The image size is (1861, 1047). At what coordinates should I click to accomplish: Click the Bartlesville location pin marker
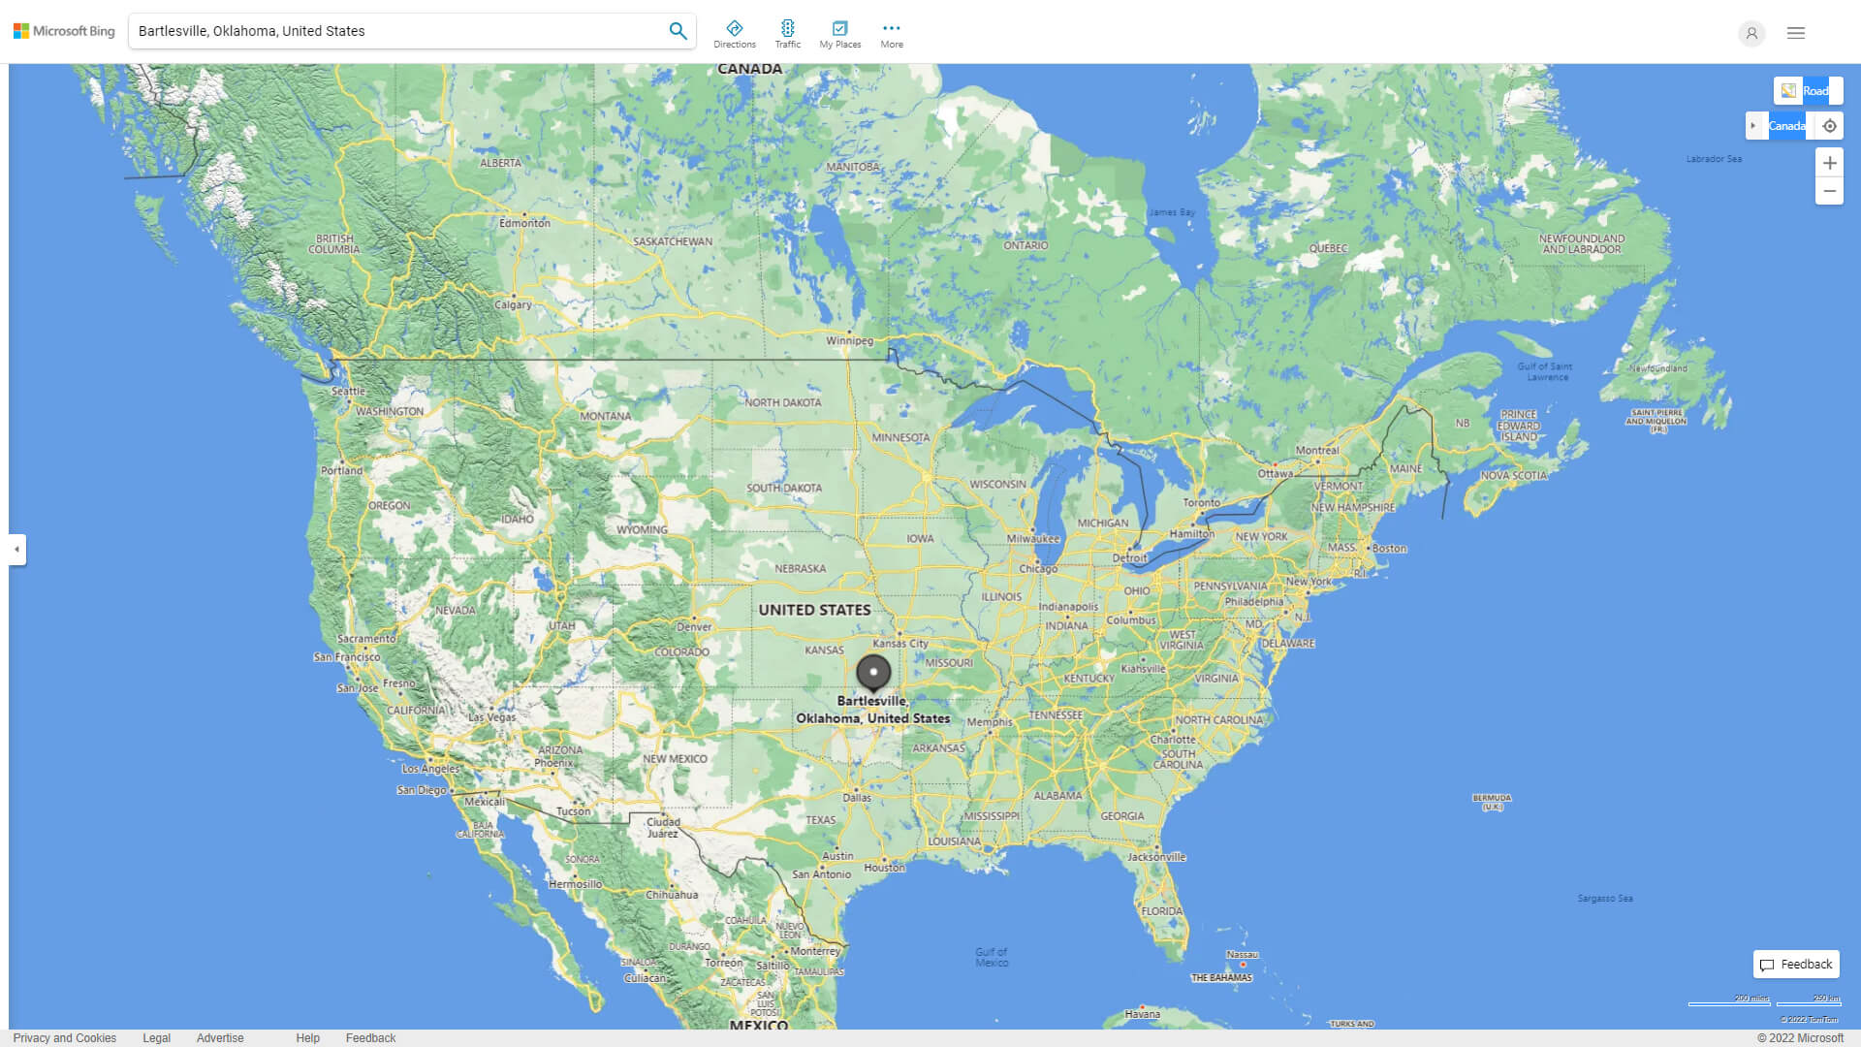click(x=873, y=672)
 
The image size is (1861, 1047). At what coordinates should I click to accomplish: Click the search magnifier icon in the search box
click(x=678, y=31)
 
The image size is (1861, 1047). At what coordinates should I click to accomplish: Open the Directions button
click(x=735, y=34)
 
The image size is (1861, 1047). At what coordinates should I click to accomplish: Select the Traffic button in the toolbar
click(x=788, y=34)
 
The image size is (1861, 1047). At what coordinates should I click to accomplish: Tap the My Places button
click(x=839, y=34)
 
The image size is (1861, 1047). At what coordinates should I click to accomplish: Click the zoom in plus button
click(x=1829, y=163)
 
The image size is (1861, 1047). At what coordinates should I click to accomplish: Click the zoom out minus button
click(x=1829, y=191)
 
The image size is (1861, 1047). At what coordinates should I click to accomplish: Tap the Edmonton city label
click(x=524, y=223)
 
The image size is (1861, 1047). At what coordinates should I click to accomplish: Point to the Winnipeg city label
click(x=849, y=340)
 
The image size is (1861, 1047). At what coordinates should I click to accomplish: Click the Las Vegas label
click(x=492, y=717)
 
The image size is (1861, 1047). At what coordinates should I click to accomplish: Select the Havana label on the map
click(x=1142, y=1014)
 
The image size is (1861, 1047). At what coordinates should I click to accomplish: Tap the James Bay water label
click(x=1172, y=212)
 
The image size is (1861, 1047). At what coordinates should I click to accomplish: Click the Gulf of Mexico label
click(x=992, y=957)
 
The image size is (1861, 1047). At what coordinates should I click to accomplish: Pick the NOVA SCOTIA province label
click(x=1513, y=476)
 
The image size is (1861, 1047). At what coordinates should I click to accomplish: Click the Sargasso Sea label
click(x=1604, y=899)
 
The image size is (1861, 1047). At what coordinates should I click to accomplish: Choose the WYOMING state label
click(x=642, y=530)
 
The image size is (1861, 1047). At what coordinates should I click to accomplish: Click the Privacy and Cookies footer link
click(x=65, y=1038)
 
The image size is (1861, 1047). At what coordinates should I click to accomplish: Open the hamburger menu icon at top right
click(x=1796, y=33)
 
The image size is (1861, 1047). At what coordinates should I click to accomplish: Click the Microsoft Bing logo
click(x=64, y=31)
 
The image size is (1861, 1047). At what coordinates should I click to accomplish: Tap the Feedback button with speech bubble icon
click(x=1796, y=965)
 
